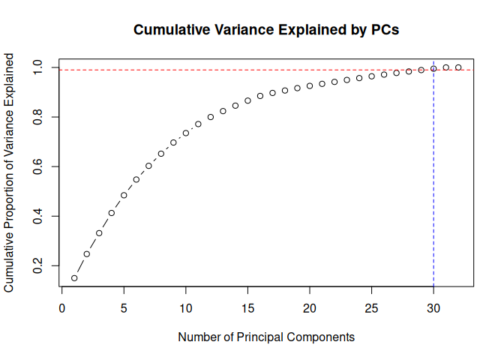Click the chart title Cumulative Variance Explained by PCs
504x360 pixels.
[x=266, y=31]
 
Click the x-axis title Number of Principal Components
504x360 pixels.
[x=266, y=337]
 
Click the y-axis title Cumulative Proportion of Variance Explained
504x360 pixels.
[x=10, y=172]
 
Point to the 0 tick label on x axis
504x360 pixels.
[x=62, y=307]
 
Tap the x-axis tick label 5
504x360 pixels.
[x=124, y=307]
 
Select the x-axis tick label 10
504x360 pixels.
[x=186, y=307]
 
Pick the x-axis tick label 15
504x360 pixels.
[x=247, y=307]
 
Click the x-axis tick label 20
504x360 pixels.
[x=310, y=307]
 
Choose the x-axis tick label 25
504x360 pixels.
[x=371, y=307]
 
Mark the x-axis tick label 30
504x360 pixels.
[x=433, y=307]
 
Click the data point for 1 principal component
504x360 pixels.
[x=74, y=278]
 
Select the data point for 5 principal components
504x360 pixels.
[x=124, y=195]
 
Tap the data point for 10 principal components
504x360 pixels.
[x=186, y=133]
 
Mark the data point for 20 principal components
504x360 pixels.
[x=310, y=85]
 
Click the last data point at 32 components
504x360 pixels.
[x=458, y=67]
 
